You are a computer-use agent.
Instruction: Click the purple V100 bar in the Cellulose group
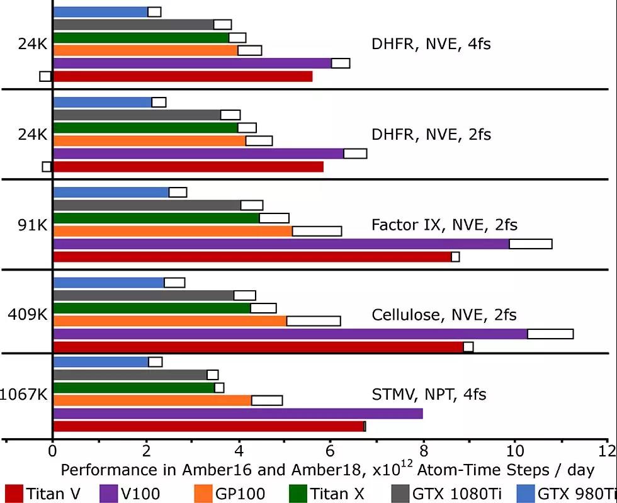[x=290, y=334]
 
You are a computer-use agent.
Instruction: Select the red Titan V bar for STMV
[x=208, y=426]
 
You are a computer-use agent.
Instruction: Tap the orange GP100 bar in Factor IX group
[x=173, y=231]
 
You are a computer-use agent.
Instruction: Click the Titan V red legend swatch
[x=13, y=494]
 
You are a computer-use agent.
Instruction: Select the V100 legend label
[x=142, y=494]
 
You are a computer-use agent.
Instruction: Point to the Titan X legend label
[x=337, y=494]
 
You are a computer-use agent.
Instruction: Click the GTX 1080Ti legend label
[x=450, y=494]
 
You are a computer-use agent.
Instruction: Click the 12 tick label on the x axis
[x=606, y=450]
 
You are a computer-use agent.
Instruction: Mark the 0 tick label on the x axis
[x=52, y=450]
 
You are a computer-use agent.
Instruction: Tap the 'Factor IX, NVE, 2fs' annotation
[x=444, y=225]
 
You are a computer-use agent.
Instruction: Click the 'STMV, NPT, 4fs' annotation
[x=429, y=395]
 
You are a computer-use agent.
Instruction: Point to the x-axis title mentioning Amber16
[x=327, y=470]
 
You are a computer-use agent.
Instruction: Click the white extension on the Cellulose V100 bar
[x=550, y=334]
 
